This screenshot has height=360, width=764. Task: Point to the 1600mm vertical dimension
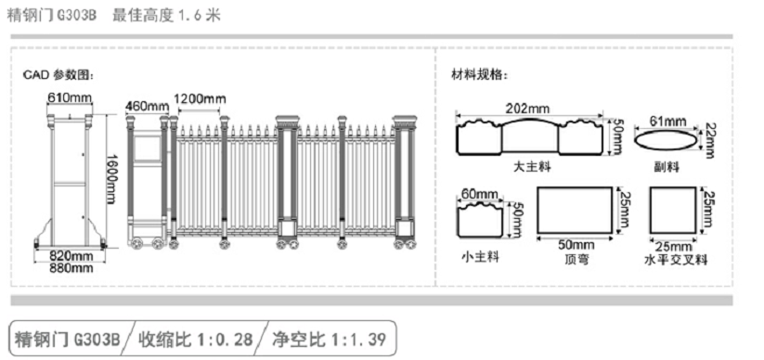tap(111, 178)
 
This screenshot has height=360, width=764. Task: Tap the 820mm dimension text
tap(71, 255)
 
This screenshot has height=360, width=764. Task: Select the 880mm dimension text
tap(71, 268)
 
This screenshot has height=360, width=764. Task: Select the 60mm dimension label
tap(480, 193)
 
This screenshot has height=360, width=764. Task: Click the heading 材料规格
tap(479, 74)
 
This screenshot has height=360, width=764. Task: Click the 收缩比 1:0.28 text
tap(195, 338)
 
